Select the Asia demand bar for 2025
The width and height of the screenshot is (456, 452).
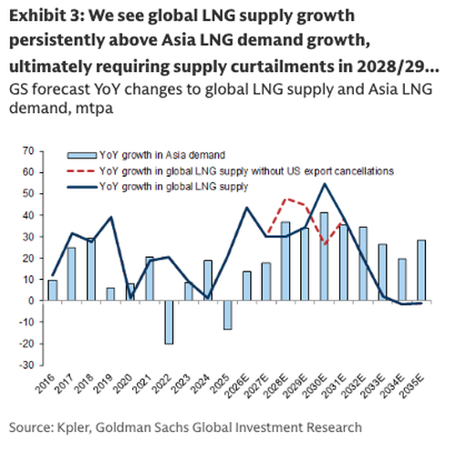click(227, 314)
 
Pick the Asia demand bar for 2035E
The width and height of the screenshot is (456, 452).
click(420, 270)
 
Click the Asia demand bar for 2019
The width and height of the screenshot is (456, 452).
click(110, 293)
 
